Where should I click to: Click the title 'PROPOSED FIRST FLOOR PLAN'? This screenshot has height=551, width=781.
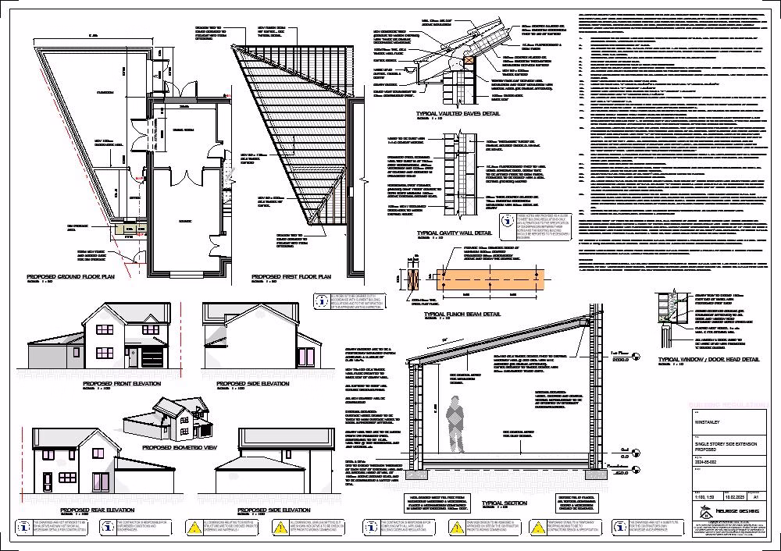click(291, 277)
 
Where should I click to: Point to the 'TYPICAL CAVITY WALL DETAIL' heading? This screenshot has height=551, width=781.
click(455, 233)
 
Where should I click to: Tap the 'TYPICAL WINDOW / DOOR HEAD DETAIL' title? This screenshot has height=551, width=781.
click(708, 359)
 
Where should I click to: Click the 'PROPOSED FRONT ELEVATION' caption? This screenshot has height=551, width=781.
click(122, 384)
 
